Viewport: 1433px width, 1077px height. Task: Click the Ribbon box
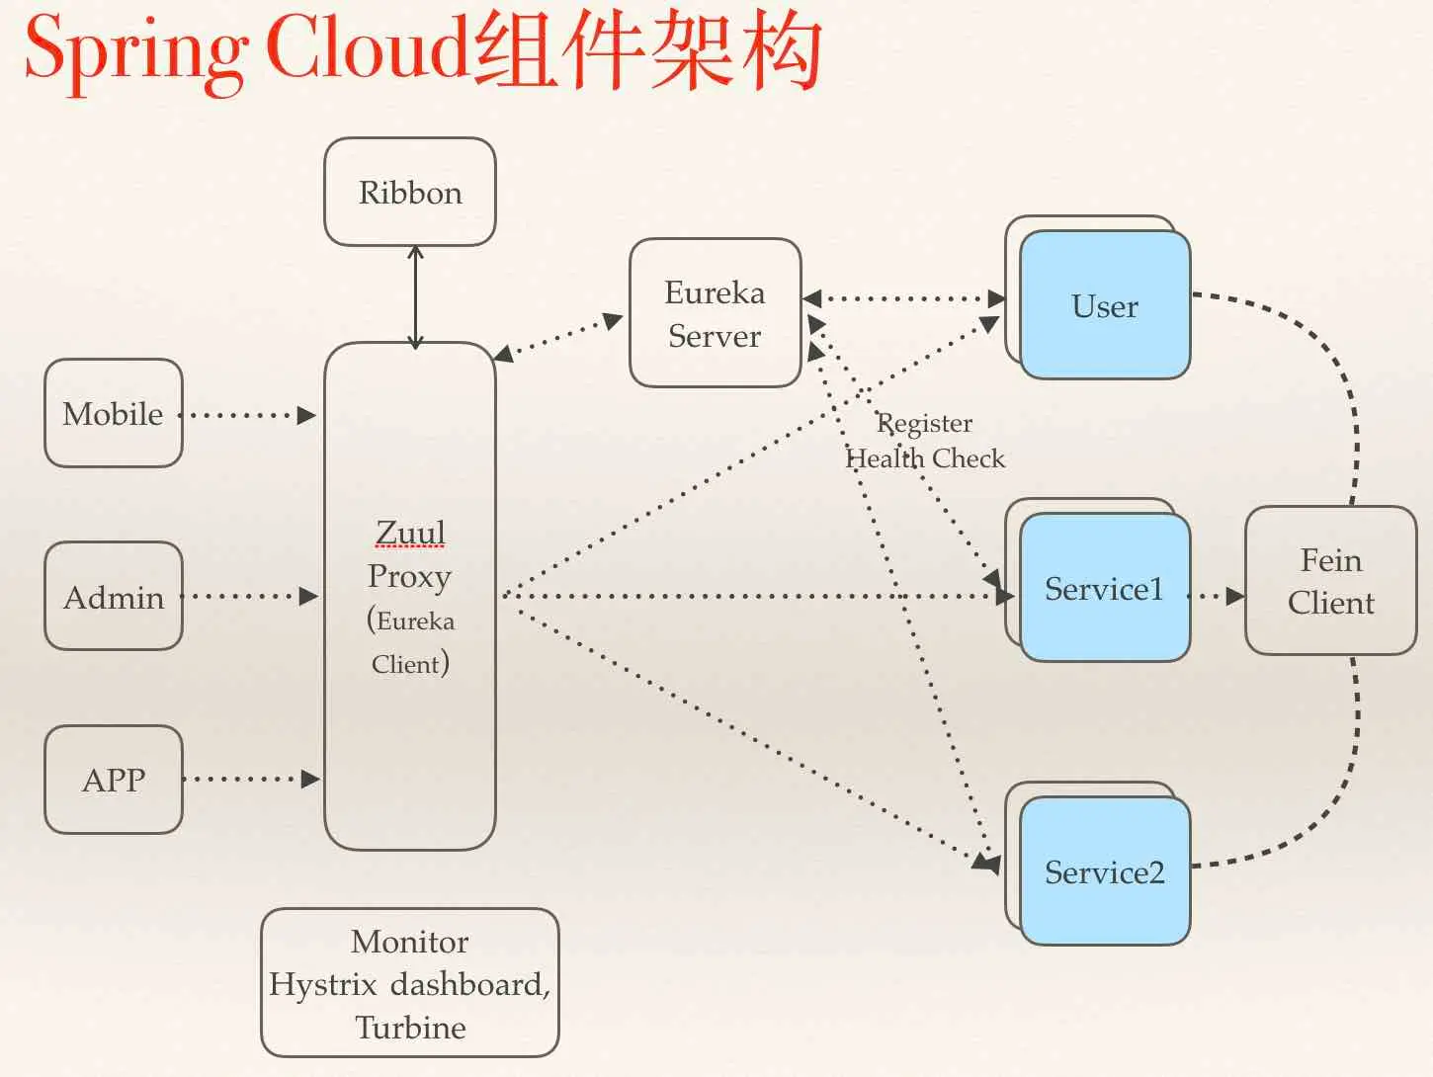coord(410,192)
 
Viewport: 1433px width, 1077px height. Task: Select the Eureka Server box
coord(715,312)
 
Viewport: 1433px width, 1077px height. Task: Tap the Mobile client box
coord(114,413)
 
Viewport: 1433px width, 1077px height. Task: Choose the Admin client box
coord(114,596)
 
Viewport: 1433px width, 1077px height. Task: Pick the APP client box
coord(114,780)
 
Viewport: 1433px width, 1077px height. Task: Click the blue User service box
coord(1105,305)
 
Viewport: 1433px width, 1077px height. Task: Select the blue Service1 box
coord(1105,588)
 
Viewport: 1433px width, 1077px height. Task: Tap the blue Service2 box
coord(1105,871)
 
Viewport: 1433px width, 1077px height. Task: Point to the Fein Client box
coord(1331,580)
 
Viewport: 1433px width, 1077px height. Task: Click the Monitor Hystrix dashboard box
coord(410,982)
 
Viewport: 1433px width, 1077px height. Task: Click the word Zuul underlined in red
coord(410,533)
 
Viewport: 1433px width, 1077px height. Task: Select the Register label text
coord(924,424)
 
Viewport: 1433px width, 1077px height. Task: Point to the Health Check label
coord(924,458)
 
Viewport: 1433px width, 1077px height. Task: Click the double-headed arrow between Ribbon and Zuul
coord(415,297)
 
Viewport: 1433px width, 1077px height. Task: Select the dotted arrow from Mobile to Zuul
coord(247,415)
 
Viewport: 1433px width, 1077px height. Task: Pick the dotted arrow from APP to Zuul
coord(251,779)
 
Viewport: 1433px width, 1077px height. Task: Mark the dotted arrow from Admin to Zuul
coord(249,596)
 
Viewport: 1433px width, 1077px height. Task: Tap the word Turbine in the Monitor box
coord(411,1028)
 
